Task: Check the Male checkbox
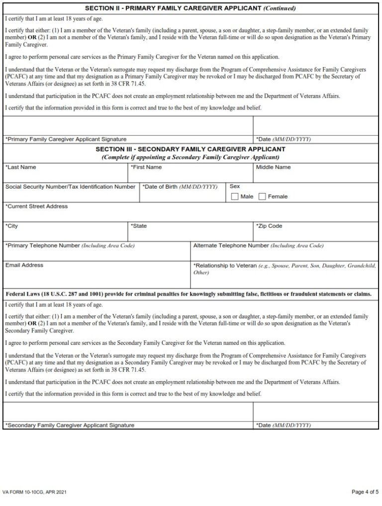235,197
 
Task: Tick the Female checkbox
263,197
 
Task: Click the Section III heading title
191,149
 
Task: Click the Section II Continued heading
191,8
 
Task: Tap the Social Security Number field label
70,187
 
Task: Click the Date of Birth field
182,196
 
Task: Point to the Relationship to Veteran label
225,266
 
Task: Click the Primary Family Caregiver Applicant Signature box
128,126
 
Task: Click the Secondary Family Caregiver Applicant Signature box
128,412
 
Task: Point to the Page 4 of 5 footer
365,492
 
